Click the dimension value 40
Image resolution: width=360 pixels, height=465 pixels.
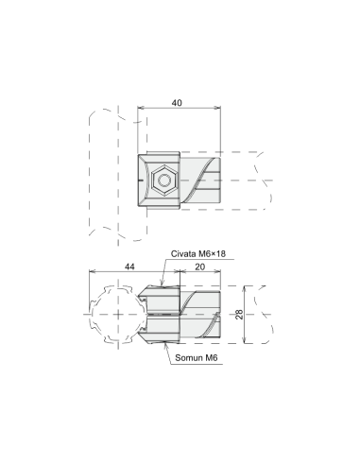(177, 103)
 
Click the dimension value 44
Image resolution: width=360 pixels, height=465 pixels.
(129, 267)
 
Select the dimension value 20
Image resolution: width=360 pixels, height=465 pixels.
(199, 267)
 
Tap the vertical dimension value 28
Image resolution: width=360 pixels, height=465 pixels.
(239, 315)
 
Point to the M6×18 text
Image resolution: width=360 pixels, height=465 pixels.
(212, 253)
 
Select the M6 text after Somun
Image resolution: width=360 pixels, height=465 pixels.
(212, 357)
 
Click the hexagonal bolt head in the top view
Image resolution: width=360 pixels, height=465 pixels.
(164, 181)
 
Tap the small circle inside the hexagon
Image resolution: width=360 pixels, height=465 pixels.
(164, 181)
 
